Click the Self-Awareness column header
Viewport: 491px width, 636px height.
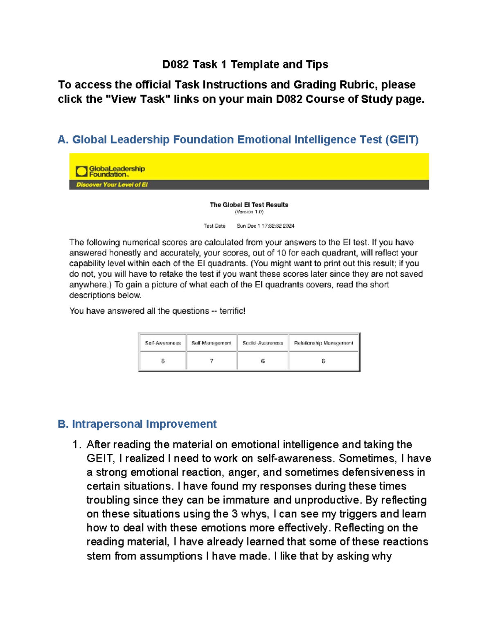[x=163, y=343]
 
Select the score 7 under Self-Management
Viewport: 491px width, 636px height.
[x=212, y=361]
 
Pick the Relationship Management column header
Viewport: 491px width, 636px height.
[x=323, y=343]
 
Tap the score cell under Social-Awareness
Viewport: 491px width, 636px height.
[x=263, y=361]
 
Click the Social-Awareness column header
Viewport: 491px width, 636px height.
[x=263, y=343]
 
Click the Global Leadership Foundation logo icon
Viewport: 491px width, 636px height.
[x=81, y=171]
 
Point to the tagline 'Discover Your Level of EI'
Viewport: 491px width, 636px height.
[x=112, y=185]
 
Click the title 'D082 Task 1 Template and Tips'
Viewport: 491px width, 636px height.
[x=245, y=65]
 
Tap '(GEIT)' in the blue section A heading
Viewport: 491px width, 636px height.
[x=401, y=140]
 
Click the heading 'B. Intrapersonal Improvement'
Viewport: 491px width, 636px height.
[x=137, y=424]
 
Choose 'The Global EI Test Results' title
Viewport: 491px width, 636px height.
[x=249, y=205]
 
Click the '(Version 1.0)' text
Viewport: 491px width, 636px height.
[x=249, y=212]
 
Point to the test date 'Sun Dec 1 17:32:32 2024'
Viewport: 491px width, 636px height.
[x=266, y=226]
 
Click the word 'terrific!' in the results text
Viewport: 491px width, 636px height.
[x=232, y=311]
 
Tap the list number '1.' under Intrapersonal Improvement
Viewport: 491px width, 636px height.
[x=77, y=445]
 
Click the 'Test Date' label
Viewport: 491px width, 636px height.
[x=214, y=226]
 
